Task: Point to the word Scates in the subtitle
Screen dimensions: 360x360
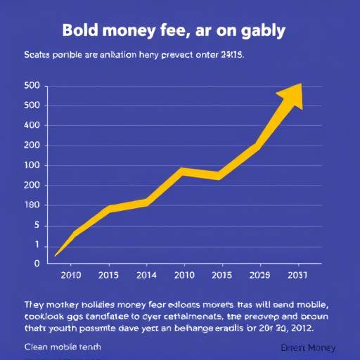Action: click(40, 54)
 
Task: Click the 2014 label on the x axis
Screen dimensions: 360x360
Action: click(146, 276)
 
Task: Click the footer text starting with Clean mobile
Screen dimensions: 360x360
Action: click(62, 347)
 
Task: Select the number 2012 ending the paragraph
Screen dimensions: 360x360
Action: click(302, 328)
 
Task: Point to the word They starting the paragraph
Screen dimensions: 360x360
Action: click(35, 304)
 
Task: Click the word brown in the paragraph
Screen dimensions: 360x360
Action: click(314, 316)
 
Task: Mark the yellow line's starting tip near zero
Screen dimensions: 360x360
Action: click(56, 255)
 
